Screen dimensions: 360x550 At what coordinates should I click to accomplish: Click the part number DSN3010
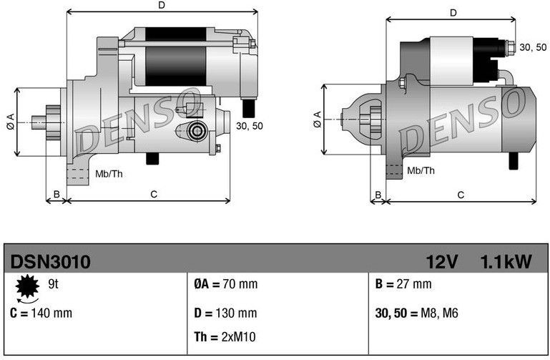click(49, 262)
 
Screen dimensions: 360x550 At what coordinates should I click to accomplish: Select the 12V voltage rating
click(442, 262)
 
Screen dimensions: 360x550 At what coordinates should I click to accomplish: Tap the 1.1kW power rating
click(506, 262)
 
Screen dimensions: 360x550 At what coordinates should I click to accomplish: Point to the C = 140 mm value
click(41, 313)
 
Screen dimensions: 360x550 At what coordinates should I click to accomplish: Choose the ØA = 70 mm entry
click(225, 284)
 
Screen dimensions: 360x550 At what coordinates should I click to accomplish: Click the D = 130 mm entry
click(225, 313)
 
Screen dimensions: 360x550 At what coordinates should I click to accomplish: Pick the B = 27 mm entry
click(403, 284)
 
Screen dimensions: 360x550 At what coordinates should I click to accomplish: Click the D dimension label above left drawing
click(162, 6)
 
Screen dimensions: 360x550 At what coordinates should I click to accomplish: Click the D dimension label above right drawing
click(453, 13)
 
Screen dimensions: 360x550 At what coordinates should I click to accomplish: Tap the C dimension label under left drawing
click(153, 194)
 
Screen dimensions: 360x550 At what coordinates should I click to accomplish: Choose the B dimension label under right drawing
click(378, 194)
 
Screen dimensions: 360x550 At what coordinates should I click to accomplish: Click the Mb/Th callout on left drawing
click(109, 174)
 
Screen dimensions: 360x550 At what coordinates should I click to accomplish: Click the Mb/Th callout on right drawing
click(421, 171)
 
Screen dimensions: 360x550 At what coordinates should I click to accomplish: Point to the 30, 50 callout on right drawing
click(532, 47)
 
